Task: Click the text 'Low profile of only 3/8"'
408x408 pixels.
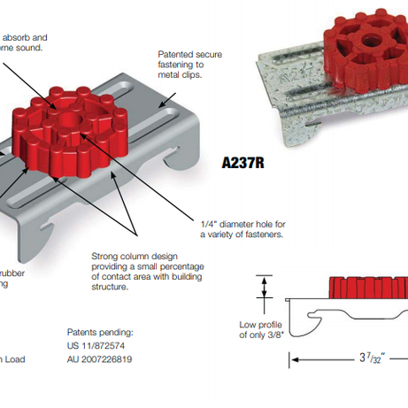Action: point(257,330)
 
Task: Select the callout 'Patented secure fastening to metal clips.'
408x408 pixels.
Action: point(189,65)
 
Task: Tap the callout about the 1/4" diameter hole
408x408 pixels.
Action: point(243,229)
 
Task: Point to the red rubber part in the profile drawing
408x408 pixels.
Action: point(366,289)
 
